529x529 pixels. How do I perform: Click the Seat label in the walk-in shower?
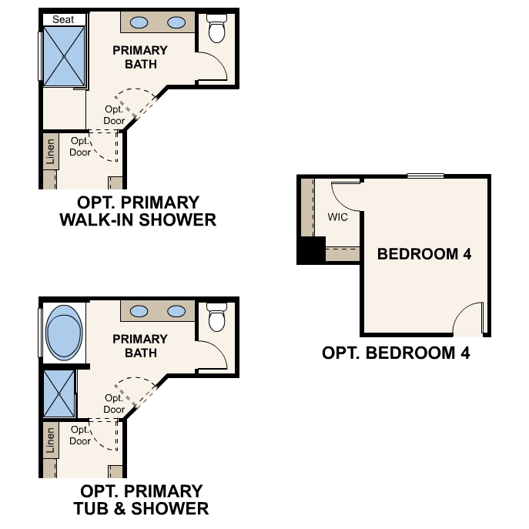63,19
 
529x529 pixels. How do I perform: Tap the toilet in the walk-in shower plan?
217,30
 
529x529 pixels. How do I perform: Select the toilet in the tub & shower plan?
217,317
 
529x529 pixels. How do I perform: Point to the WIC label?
338,217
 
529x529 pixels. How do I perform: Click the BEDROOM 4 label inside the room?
424,254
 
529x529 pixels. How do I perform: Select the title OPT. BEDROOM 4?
396,353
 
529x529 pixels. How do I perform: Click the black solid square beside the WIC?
312,251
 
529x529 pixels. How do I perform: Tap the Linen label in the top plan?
51,151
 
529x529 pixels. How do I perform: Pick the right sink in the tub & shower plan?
177,312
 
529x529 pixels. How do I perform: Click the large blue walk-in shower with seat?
63,56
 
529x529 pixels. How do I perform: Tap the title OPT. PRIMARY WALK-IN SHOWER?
138,212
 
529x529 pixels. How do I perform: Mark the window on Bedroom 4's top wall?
426,176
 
